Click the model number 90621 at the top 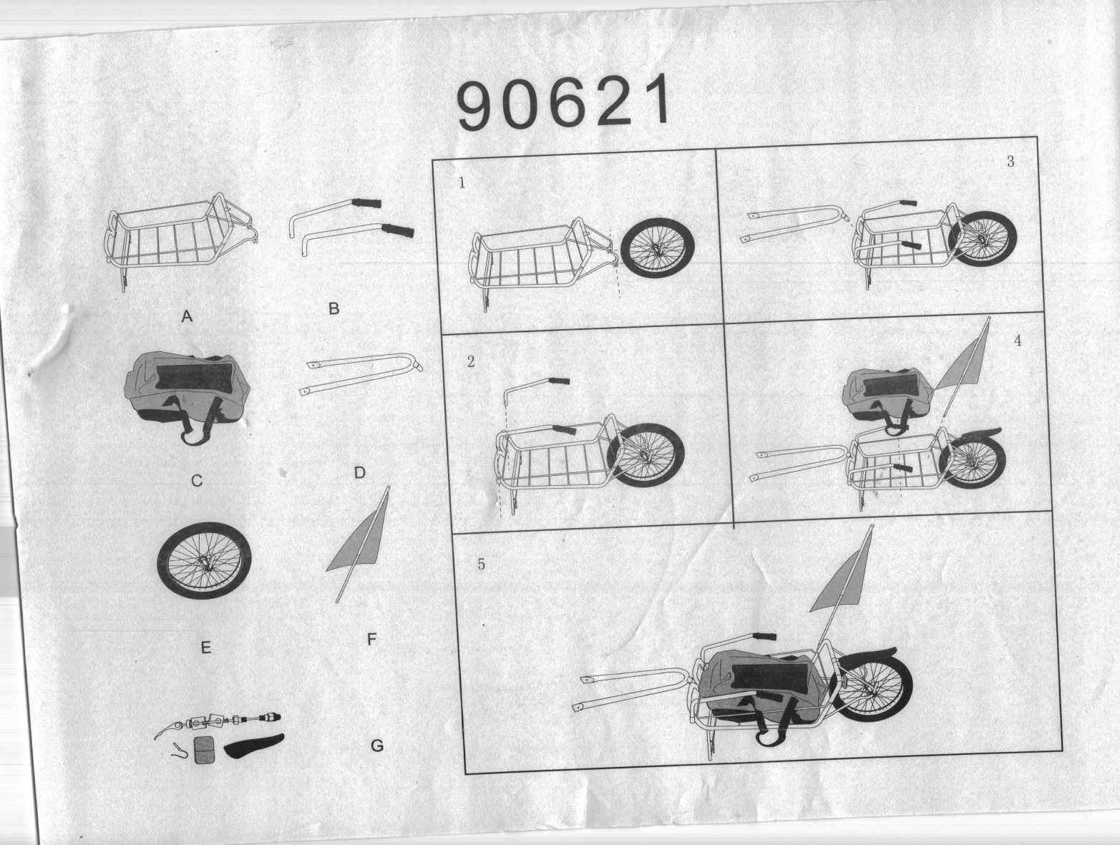pyautogui.click(x=563, y=102)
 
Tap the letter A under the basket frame pyautogui.click(x=187, y=316)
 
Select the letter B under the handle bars pyautogui.click(x=333, y=308)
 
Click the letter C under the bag pyautogui.click(x=196, y=480)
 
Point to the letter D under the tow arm pyautogui.click(x=360, y=472)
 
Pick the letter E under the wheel pyautogui.click(x=205, y=648)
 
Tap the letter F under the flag pyautogui.click(x=372, y=639)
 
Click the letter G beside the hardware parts pyautogui.click(x=376, y=746)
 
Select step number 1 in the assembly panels pyautogui.click(x=462, y=182)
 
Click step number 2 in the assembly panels pyautogui.click(x=470, y=361)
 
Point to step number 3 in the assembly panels pyautogui.click(x=1011, y=162)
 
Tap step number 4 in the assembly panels pyautogui.click(x=1018, y=341)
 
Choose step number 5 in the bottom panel pyautogui.click(x=481, y=565)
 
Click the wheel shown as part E pyautogui.click(x=204, y=560)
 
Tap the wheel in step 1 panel pyautogui.click(x=658, y=248)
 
